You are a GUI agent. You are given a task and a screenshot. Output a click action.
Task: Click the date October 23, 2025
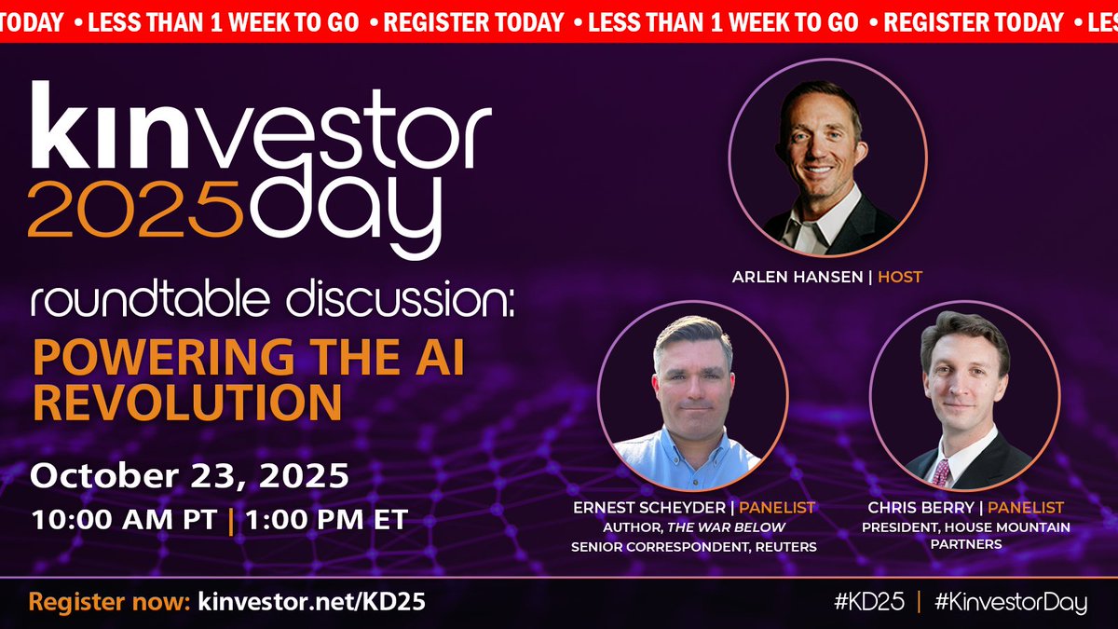[190, 476]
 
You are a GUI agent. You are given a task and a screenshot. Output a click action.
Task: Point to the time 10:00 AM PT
[123, 519]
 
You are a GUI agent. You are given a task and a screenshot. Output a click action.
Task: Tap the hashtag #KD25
[868, 602]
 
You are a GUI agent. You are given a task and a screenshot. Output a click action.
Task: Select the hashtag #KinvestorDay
[1010, 602]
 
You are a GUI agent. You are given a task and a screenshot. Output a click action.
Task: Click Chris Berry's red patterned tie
[942, 473]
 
